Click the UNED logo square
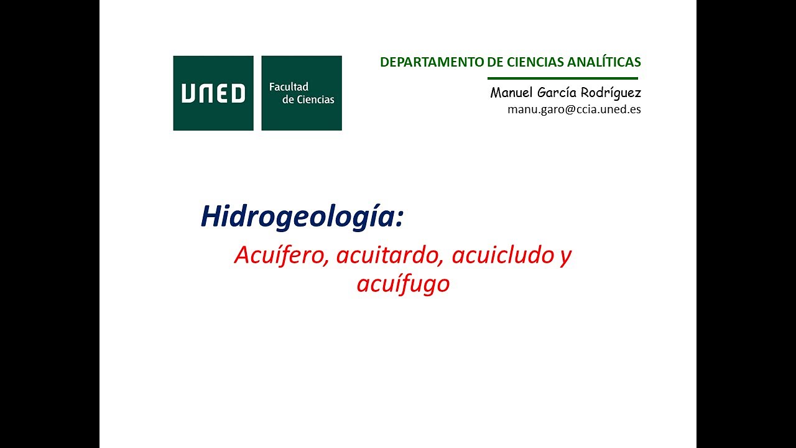(213, 93)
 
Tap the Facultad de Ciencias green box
(302, 93)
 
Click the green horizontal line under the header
(563, 78)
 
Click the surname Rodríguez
(612, 93)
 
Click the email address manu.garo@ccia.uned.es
(574, 110)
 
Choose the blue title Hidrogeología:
(302, 217)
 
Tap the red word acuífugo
(403, 284)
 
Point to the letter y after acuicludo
(565, 256)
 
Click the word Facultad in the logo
(289, 86)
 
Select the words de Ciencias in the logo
(308, 100)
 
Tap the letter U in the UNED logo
(188, 93)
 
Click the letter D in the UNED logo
(238, 93)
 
